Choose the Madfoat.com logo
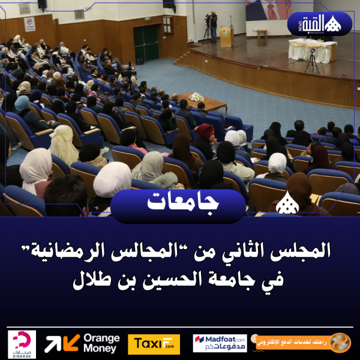pyautogui.click(x=220, y=344)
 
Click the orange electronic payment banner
pyautogui.click(x=303, y=343)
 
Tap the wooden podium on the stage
pyautogui.click(x=226, y=35)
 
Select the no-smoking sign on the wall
pyautogui.click(x=29, y=23)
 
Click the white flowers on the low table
pyautogui.click(x=196, y=97)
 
